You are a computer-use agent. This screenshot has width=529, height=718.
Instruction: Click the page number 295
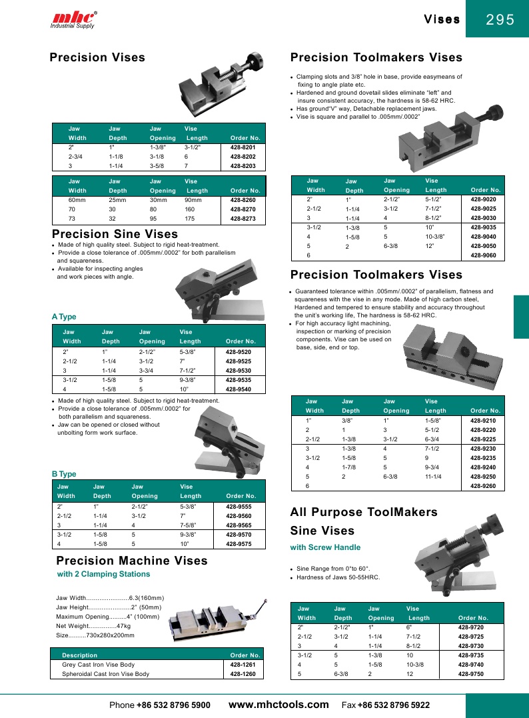[x=500, y=20]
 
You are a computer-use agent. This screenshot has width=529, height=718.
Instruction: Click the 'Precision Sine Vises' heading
[x=115, y=234]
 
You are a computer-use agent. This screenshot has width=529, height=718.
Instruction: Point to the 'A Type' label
[x=64, y=317]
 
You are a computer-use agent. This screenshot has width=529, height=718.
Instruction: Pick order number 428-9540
[x=239, y=389]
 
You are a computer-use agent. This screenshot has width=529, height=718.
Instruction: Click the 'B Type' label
[x=64, y=474]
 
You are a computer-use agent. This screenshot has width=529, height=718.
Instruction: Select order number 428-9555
[x=239, y=507]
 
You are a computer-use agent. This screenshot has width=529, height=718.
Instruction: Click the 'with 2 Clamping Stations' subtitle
[x=103, y=574]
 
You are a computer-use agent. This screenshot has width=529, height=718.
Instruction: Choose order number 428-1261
[x=243, y=665]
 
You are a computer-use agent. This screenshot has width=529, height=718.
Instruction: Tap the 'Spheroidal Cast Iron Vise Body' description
[x=105, y=674]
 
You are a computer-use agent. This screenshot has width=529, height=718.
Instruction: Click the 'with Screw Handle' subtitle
[x=325, y=547]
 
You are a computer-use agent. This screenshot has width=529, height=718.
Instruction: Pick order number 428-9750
[x=471, y=675]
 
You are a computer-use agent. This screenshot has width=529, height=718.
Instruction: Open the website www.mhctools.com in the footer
[x=278, y=705]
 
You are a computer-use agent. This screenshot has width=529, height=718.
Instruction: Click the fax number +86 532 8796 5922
[x=394, y=705]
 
